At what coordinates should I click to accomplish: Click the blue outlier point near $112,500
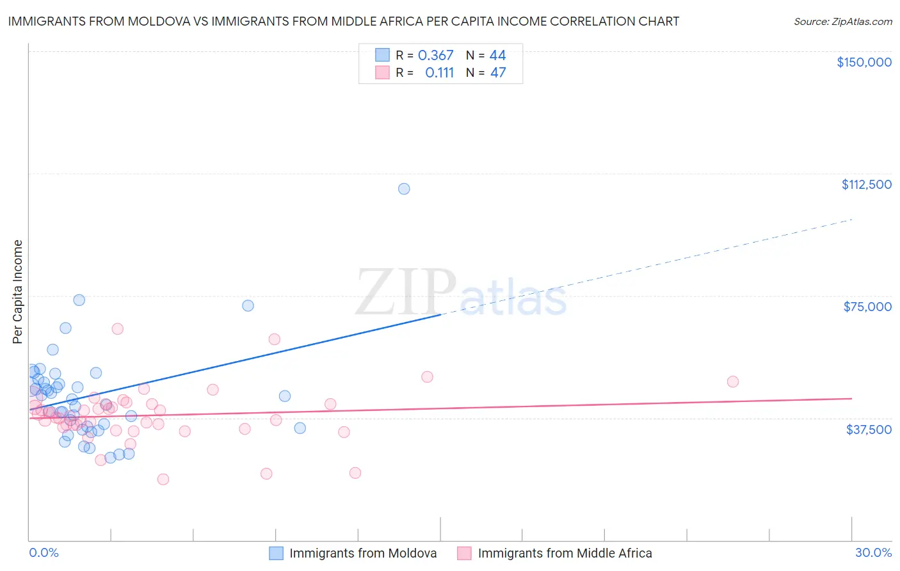click(404, 189)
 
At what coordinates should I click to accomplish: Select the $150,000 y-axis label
click(864, 62)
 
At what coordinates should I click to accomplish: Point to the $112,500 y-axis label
click(866, 184)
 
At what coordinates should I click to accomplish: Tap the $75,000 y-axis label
click(867, 307)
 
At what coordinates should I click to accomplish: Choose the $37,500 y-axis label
click(868, 430)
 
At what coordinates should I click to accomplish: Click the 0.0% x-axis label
click(44, 552)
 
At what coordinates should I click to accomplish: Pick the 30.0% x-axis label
click(873, 552)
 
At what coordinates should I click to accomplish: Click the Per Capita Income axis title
click(17, 291)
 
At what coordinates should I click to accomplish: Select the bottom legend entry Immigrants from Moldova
click(362, 553)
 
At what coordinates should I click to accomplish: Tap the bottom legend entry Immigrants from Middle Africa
click(564, 553)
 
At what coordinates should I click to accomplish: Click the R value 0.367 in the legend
click(435, 55)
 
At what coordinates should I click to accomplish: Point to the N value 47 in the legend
click(498, 72)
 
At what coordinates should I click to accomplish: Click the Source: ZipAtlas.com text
click(842, 21)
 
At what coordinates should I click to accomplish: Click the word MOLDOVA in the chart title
click(161, 21)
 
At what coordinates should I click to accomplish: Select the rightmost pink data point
click(733, 382)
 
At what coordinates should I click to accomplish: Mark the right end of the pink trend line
click(852, 398)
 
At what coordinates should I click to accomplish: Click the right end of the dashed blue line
click(852, 220)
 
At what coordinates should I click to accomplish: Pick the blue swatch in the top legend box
click(382, 55)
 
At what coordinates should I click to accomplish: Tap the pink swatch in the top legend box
click(382, 72)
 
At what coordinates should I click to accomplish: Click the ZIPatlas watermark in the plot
click(461, 294)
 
